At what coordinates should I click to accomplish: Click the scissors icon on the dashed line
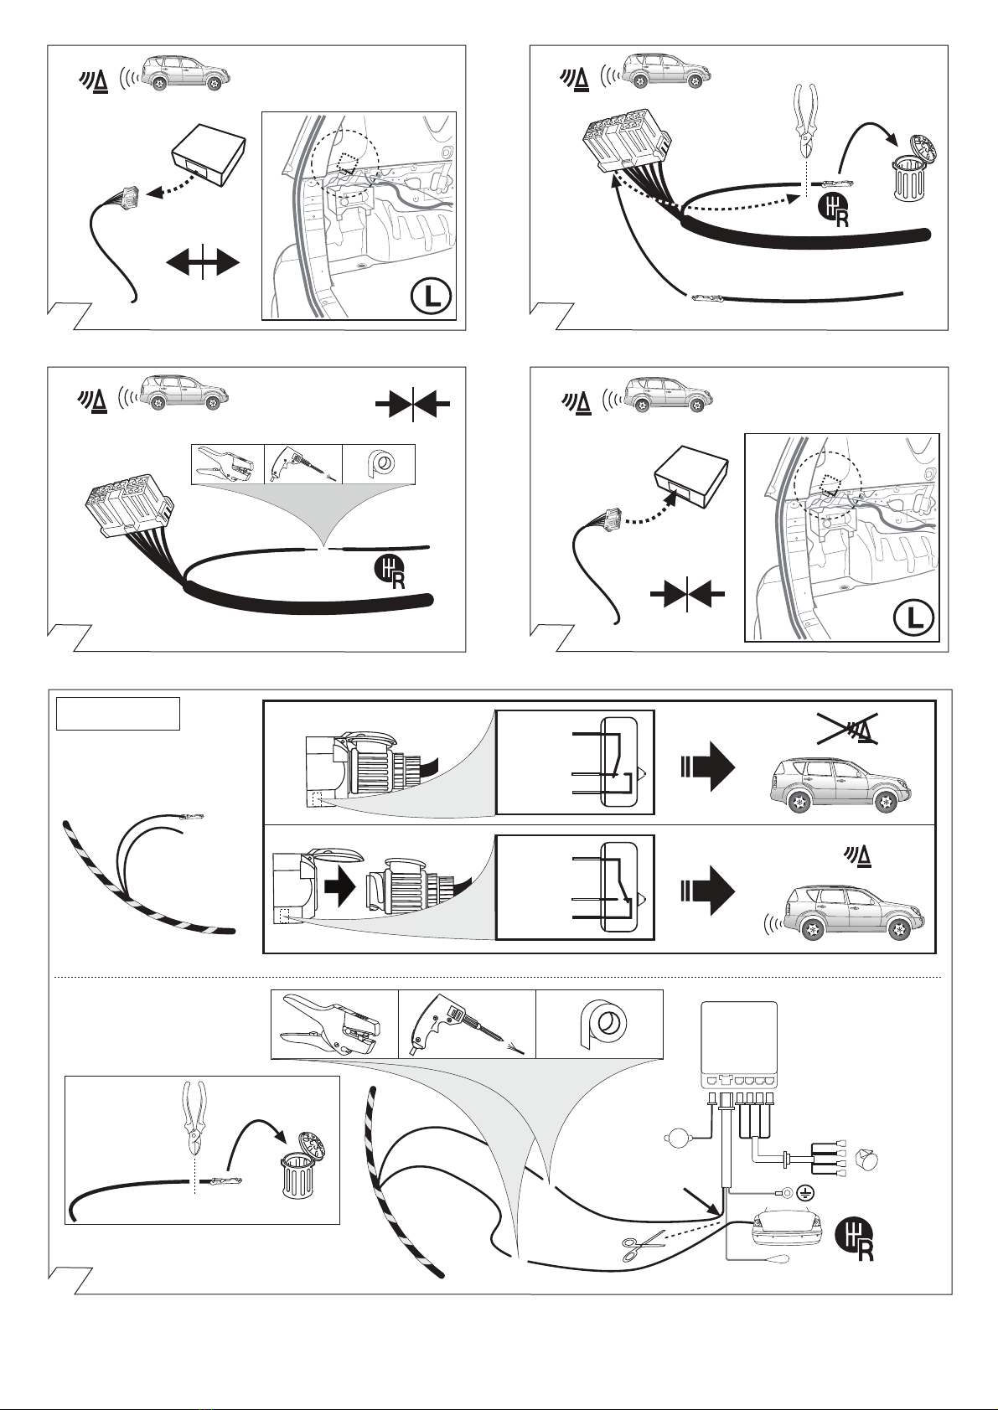click(643, 1246)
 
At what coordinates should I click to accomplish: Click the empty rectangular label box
click(118, 714)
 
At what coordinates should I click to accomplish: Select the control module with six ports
click(739, 1046)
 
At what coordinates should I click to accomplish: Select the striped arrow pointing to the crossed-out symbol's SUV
click(708, 765)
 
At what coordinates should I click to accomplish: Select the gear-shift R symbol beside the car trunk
click(855, 1239)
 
